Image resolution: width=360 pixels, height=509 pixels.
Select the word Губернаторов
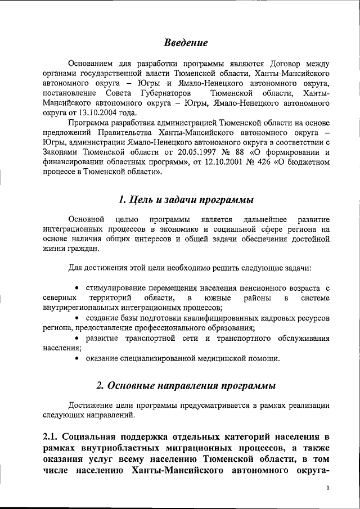(x=161, y=92)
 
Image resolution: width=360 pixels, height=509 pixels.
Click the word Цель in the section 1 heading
(x=141, y=200)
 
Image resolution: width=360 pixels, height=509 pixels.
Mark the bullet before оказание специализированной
(x=78, y=358)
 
